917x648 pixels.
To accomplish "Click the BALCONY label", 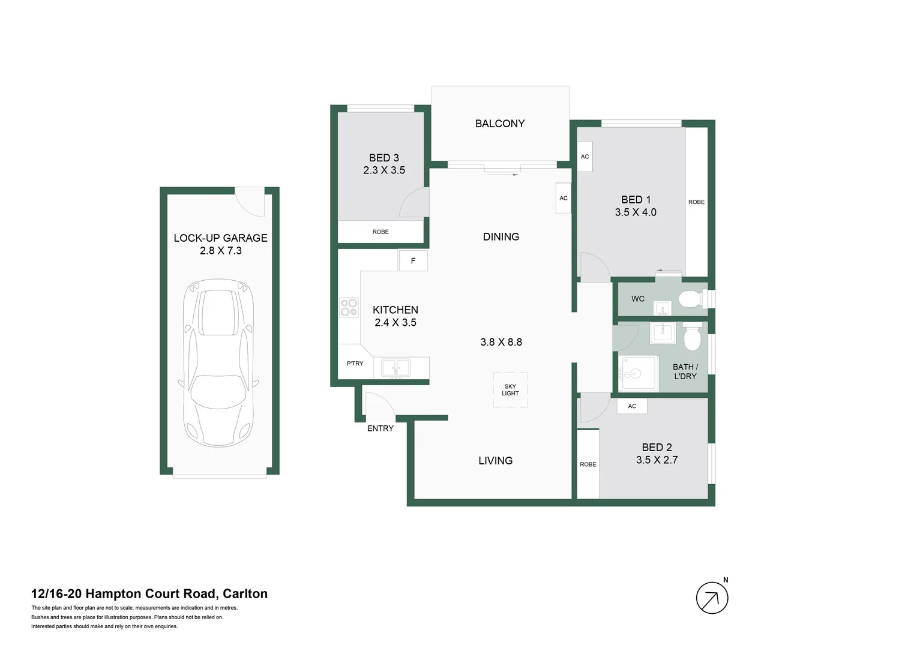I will [499, 124].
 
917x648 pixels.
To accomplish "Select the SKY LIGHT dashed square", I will [510, 390].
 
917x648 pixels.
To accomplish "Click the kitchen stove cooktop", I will [349, 307].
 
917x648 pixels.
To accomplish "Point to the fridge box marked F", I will [413, 261].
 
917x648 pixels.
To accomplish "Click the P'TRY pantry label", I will [355, 364].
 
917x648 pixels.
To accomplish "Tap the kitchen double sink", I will [396, 368].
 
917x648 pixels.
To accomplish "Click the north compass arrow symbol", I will [712, 598].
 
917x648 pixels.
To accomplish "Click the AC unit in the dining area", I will [563, 198].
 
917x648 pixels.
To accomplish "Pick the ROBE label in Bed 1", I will [696, 202].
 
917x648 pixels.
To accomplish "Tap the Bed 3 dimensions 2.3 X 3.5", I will [384, 170].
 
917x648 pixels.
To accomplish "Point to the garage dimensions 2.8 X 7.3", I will [220, 251].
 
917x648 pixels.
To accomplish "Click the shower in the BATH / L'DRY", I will [639, 373].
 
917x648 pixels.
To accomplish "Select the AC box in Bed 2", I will [632, 406].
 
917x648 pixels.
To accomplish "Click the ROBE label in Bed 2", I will [588, 464].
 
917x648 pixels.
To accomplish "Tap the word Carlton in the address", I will [245, 594].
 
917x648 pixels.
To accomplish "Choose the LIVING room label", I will [495, 461].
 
